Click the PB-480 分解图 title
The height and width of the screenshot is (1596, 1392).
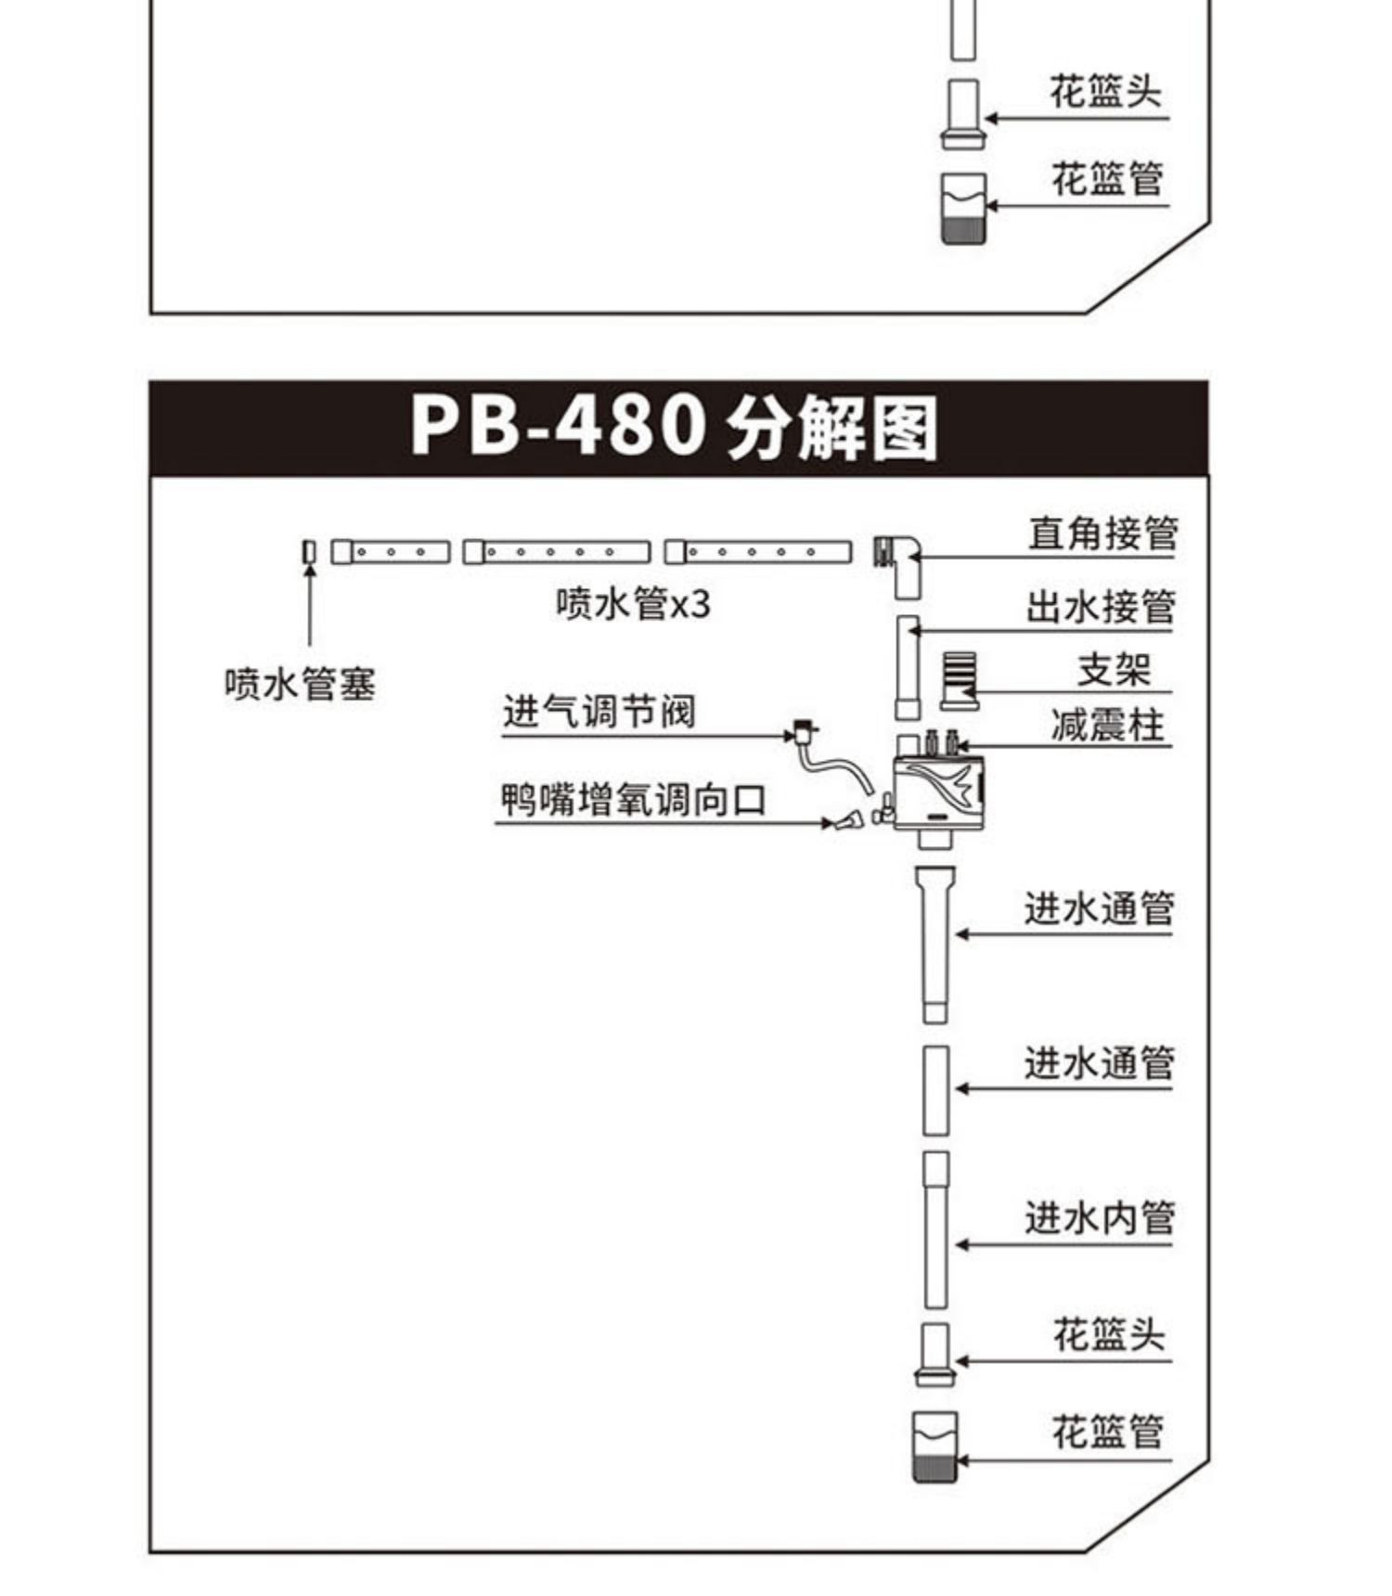(x=675, y=428)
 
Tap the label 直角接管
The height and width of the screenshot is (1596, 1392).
(x=1102, y=534)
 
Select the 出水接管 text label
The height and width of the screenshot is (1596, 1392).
(x=1101, y=607)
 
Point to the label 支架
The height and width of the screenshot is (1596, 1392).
(x=1113, y=670)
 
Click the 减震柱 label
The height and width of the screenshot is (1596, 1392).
(x=1107, y=725)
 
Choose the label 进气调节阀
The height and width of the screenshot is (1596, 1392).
(x=599, y=713)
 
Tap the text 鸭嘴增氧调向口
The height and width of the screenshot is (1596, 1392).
(x=633, y=799)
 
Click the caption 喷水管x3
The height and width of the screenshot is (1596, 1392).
(x=633, y=604)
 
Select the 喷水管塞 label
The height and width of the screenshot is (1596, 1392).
(x=300, y=685)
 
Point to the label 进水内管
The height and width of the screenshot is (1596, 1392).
(x=1100, y=1217)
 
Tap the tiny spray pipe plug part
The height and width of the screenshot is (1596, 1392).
(x=309, y=552)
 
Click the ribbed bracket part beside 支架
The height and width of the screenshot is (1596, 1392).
(x=959, y=679)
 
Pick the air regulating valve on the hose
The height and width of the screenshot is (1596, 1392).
(x=804, y=732)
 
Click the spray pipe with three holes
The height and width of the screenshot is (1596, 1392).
(x=391, y=552)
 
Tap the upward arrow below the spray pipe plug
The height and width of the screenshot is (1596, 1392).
(x=310, y=603)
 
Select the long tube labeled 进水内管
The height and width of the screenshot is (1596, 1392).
(x=935, y=1229)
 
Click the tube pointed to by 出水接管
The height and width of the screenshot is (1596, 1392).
(x=908, y=666)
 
